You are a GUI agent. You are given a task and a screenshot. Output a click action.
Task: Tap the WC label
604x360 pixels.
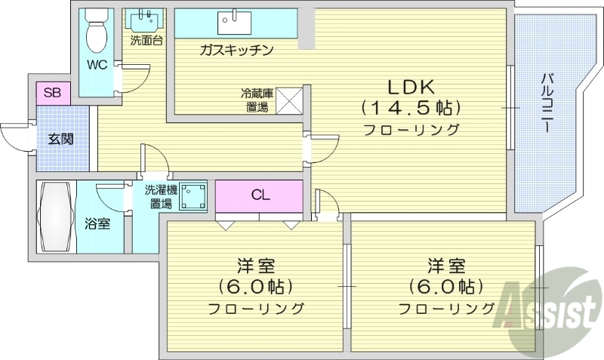click(x=96, y=64)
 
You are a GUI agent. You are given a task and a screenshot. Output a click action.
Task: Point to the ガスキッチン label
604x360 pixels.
click(x=236, y=50)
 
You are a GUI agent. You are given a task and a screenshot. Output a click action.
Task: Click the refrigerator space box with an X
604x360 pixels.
click(x=288, y=101)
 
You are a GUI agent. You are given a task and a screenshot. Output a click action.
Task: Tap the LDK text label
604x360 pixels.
click(x=411, y=85)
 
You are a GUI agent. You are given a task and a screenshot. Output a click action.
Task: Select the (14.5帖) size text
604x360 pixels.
click(x=411, y=106)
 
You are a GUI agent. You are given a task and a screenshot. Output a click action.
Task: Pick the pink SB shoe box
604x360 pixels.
click(x=52, y=93)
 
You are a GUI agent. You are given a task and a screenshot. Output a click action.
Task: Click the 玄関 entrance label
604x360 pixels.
click(x=62, y=139)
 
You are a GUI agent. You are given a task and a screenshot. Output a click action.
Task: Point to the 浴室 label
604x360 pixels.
click(x=97, y=223)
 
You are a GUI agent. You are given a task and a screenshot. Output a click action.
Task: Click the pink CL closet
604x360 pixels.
click(x=260, y=195)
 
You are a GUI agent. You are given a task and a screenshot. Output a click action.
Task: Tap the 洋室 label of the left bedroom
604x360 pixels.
click(x=255, y=266)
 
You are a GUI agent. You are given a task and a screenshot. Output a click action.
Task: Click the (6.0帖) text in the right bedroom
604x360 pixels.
click(x=445, y=287)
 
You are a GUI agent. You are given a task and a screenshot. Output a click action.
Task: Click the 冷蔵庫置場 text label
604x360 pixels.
click(x=255, y=101)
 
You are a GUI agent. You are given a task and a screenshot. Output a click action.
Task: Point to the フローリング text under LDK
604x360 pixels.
click(x=411, y=129)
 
